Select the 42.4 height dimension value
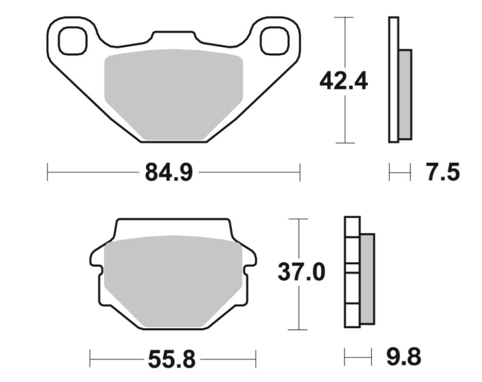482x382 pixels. click(343, 81)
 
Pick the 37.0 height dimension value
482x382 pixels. click(301, 272)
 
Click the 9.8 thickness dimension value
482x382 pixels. click(402, 356)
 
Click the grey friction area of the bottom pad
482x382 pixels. click(172, 279)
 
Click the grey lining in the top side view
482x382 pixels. click(405, 93)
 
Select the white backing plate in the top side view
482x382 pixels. click(393, 79)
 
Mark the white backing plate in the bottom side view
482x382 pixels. click(352, 272)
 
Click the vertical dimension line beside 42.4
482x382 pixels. click(344, 41)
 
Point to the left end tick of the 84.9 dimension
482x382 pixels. click(48, 172)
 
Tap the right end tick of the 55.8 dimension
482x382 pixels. click(256, 359)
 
